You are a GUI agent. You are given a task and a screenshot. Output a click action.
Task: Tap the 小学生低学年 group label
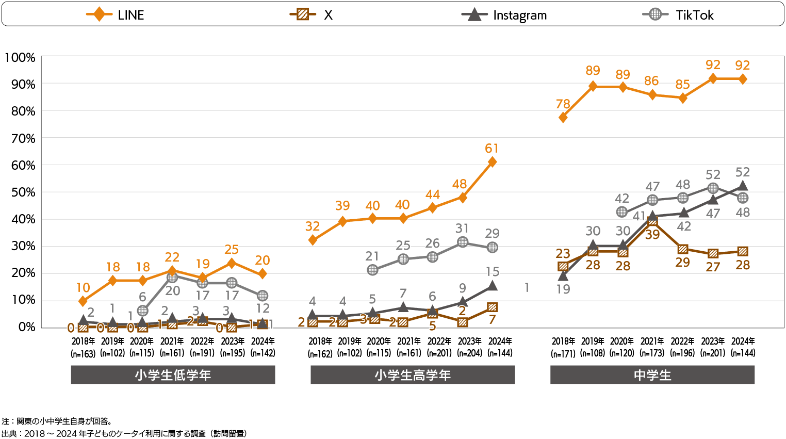[x=173, y=375]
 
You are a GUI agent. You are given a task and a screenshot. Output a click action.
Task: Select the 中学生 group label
[x=652, y=375]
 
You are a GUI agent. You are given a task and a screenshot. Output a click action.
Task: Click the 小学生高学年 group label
[x=413, y=375]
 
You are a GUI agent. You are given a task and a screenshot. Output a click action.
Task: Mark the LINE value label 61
[x=492, y=149]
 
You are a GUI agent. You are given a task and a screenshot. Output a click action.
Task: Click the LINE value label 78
[x=563, y=104]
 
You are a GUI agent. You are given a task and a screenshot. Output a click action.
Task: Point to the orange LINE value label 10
[x=83, y=288]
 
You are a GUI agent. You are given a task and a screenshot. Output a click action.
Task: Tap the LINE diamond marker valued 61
[x=492, y=162]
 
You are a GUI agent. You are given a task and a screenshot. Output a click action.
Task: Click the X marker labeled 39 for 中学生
[x=652, y=221]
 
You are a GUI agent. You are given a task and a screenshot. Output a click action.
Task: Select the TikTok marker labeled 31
[x=463, y=242]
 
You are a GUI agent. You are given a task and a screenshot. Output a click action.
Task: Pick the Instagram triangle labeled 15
[x=492, y=286]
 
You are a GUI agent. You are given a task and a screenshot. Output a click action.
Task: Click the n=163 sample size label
[x=83, y=354]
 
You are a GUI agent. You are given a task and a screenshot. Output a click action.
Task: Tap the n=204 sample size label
[x=469, y=353]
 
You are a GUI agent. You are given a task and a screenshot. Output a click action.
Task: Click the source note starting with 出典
[x=124, y=433]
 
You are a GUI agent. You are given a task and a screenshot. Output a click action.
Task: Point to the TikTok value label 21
[x=372, y=256]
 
